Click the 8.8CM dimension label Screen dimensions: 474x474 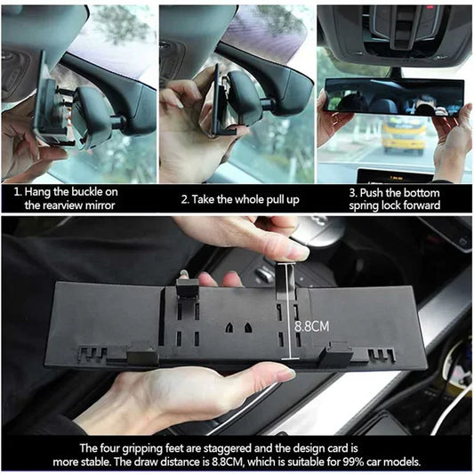(311, 326)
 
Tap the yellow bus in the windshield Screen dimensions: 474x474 (404, 136)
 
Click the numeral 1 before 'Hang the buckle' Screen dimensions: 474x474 (16, 191)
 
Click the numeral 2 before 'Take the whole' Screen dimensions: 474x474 (184, 198)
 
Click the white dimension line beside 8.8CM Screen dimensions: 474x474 (286, 311)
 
